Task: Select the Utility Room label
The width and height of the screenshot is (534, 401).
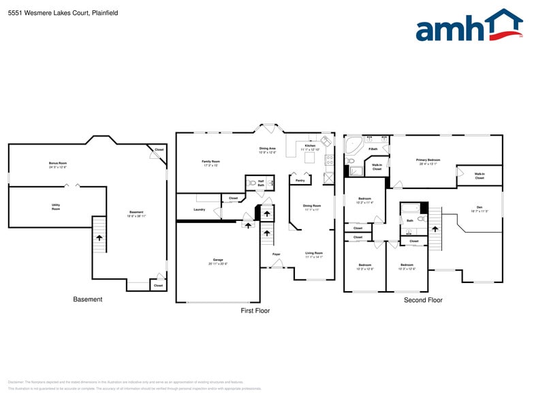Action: pyautogui.click(x=56, y=206)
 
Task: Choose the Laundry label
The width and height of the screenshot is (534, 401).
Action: pyautogui.click(x=199, y=209)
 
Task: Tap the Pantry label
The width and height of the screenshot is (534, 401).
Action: pyautogui.click(x=300, y=181)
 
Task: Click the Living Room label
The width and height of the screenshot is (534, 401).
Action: pyautogui.click(x=313, y=254)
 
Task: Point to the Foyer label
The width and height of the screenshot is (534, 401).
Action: pyautogui.click(x=277, y=254)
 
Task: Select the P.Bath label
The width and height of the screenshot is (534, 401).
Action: pyautogui.click(x=373, y=149)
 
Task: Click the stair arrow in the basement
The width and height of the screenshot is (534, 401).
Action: pyautogui.click(x=100, y=238)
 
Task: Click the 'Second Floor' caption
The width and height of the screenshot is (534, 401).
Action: pyautogui.click(x=423, y=300)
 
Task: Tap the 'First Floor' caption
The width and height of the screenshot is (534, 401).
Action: pyautogui.click(x=255, y=311)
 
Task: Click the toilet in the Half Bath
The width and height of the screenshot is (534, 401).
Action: pyautogui.click(x=253, y=183)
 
